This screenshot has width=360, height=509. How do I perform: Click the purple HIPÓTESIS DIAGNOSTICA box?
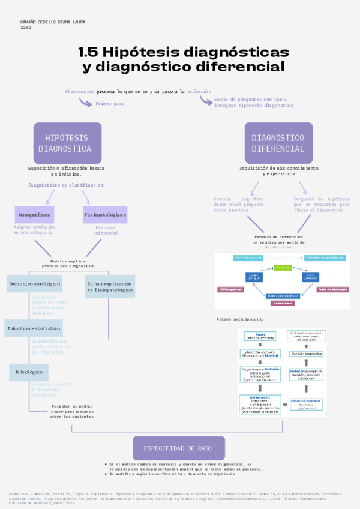point(67,143)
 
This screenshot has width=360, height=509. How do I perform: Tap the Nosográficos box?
point(34,214)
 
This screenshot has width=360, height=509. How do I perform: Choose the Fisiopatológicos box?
point(105,214)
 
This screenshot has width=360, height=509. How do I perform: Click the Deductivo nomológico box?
point(34,283)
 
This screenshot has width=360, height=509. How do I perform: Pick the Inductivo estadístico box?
point(34,328)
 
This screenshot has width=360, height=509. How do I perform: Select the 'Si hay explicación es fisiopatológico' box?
point(110,286)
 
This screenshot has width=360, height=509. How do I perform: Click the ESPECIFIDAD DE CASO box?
point(179,448)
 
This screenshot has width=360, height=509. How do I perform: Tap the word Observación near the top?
point(80,91)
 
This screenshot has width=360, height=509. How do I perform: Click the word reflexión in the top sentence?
point(199,91)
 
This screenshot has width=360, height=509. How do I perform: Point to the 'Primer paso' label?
point(110,104)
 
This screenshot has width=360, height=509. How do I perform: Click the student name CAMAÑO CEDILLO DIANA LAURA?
point(53,22)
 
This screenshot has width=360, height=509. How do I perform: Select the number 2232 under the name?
point(26,28)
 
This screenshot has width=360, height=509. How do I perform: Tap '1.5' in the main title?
point(91,52)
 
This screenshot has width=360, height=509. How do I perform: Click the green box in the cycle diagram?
point(283,267)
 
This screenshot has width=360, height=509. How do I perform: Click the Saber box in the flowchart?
point(260,336)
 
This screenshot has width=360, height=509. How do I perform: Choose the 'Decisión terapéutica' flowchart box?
point(307,354)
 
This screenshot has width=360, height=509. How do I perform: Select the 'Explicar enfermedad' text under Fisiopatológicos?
point(105,230)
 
